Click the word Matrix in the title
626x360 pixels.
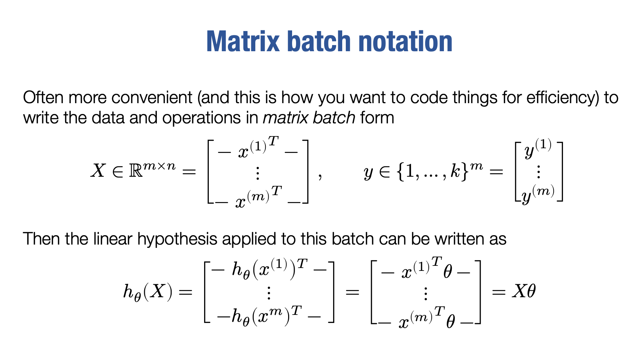243,41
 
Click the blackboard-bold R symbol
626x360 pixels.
136,171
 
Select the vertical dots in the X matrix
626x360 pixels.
257,173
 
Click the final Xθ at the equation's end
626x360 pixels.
524,291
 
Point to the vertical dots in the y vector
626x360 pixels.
538,172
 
